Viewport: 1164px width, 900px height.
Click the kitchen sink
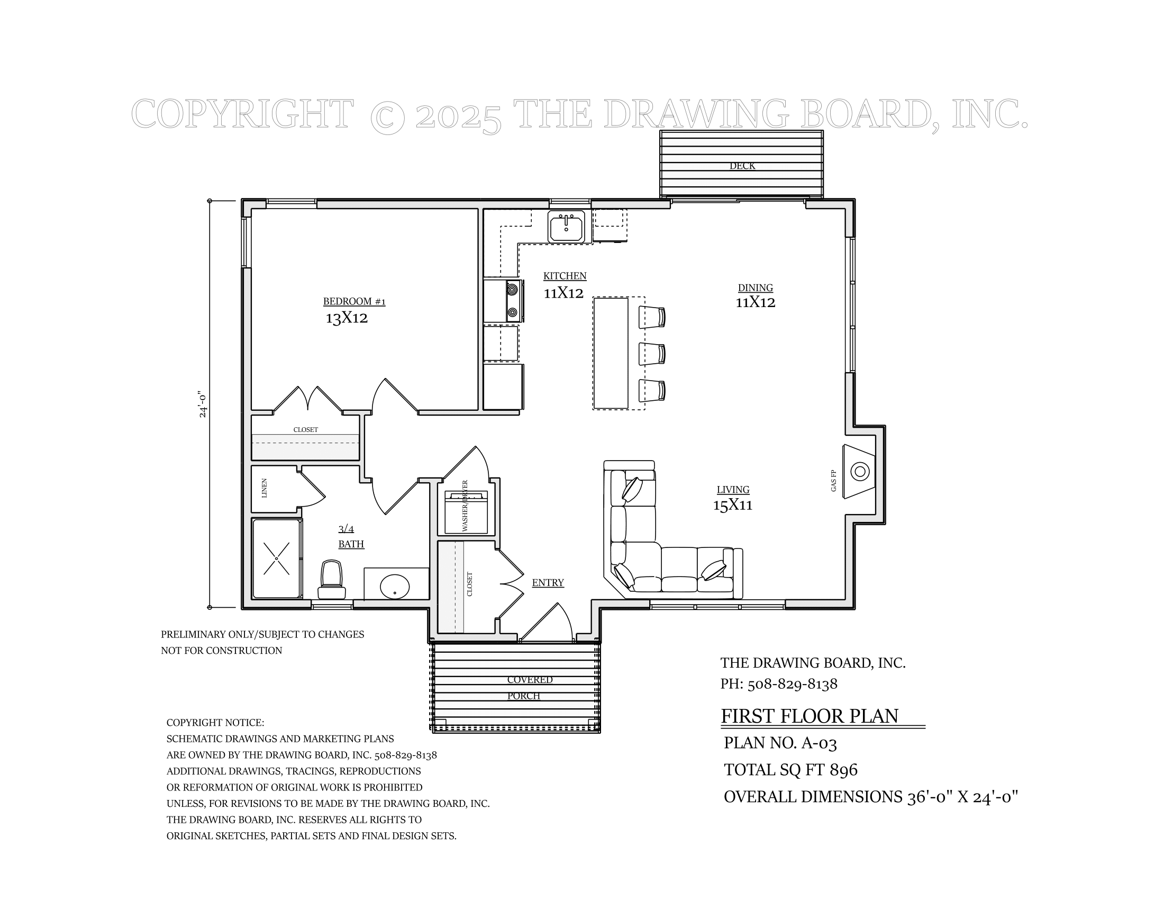click(566, 226)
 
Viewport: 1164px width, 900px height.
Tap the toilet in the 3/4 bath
click(332, 580)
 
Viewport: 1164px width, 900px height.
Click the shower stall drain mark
click(276, 558)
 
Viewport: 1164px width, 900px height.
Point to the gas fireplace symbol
click(859, 471)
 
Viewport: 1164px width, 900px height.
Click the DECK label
click(742, 166)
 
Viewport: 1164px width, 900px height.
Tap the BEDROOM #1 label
click(354, 302)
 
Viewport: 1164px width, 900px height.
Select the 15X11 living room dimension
click(733, 505)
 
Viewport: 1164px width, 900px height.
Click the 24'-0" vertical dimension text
click(203, 404)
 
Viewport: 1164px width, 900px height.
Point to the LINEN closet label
click(265, 488)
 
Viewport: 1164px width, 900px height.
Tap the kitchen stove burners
click(513, 301)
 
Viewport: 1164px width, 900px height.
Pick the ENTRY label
click(548, 583)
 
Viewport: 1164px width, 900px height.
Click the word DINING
click(755, 288)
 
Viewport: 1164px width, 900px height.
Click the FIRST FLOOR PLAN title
click(810, 716)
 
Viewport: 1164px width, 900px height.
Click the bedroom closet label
click(305, 430)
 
